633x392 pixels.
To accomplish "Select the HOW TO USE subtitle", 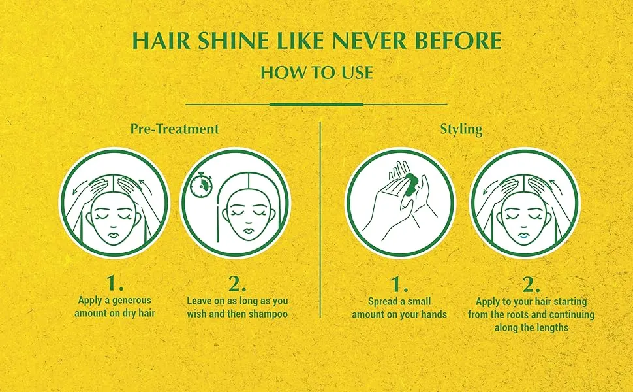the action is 316,73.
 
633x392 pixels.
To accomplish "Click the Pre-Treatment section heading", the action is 174,129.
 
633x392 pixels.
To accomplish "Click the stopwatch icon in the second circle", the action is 200,186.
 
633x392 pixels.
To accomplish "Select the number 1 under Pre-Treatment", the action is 115,284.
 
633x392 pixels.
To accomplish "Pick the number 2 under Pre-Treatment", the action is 237,284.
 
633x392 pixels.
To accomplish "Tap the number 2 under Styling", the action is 531,285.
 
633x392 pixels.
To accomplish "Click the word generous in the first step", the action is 132,301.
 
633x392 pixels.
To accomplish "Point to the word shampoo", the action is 268,314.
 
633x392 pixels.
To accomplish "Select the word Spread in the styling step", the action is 383,301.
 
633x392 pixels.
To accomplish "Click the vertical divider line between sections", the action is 320,220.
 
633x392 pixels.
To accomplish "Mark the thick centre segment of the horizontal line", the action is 316,105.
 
